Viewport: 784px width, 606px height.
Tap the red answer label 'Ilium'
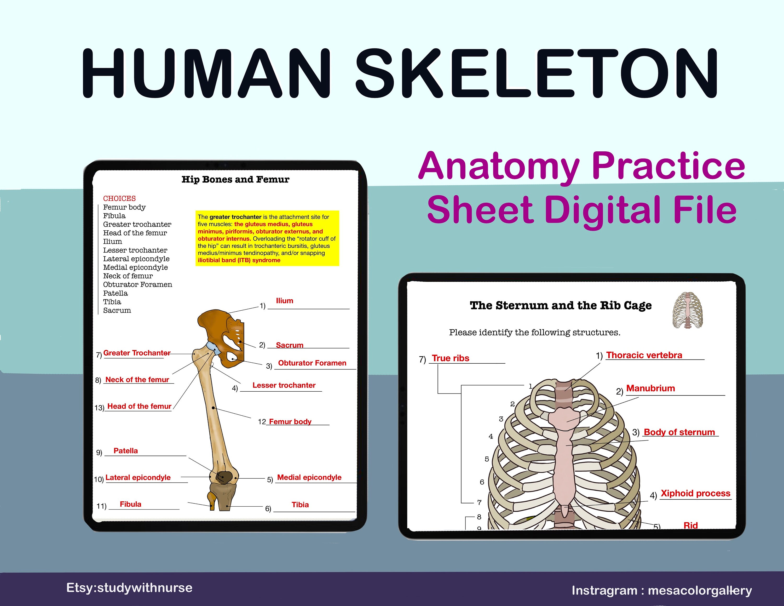tap(284, 301)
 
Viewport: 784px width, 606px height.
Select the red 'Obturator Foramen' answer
tap(312, 363)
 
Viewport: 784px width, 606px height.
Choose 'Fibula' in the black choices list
tap(114, 216)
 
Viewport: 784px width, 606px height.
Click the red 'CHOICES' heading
tap(119, 198)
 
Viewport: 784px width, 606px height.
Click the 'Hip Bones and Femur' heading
tap(235, 180)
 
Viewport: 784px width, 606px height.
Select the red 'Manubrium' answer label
tap(650, 388)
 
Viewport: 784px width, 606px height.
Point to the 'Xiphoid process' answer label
tap(695, 493)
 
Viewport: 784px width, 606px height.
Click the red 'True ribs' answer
tap(450, 358)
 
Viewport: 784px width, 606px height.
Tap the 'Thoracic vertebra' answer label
tap(644, 355)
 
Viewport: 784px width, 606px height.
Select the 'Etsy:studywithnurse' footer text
tap(129, 588)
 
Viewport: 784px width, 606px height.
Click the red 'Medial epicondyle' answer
tap(309, 477)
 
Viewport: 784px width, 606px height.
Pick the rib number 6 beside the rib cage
tap(482, 482)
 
